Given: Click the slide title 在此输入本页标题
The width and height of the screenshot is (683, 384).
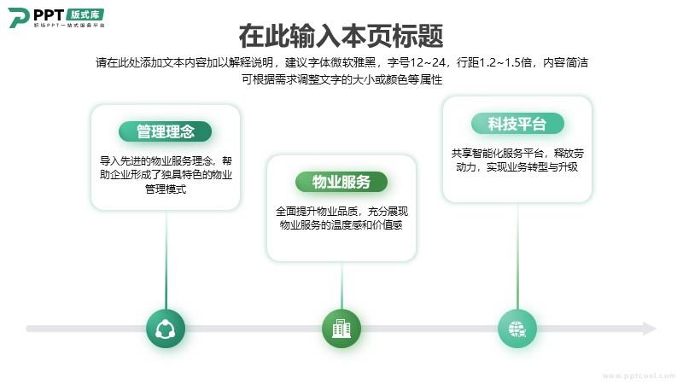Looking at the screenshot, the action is coord(341,36).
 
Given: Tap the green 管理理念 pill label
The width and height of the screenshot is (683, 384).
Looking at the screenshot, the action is coord(165,131).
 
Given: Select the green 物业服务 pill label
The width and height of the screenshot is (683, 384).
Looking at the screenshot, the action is coord(341,182).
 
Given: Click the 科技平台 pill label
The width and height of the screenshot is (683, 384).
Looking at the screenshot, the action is coord(517,124).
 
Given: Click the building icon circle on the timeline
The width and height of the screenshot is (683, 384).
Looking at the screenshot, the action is coord(341,329).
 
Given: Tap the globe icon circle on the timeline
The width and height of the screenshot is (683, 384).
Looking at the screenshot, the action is coord(517,329).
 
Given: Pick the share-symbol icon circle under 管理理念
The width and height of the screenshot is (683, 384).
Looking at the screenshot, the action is coord(166,329).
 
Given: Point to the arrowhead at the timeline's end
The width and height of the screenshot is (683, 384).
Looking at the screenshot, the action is coord(650,329).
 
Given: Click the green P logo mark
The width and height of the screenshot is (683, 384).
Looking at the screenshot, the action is coord(18,18).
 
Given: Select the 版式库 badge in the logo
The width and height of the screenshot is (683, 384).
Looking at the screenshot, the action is coord(85,15).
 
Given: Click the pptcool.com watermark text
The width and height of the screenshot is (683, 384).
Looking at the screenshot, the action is coord(639,375).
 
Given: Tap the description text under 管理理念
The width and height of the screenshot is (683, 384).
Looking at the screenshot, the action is coord(166,175).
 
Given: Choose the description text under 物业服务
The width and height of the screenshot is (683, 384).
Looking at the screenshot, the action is coord(341,218).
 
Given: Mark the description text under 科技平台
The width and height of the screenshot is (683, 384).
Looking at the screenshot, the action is coord(517,160).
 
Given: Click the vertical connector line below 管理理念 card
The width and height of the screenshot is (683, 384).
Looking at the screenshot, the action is coord(166,260).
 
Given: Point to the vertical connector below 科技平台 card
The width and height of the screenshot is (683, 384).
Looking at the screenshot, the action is coord(517,256).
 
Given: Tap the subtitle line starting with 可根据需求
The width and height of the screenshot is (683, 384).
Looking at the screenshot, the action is coord(342,79).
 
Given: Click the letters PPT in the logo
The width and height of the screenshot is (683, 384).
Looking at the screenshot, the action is coord(49,15).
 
